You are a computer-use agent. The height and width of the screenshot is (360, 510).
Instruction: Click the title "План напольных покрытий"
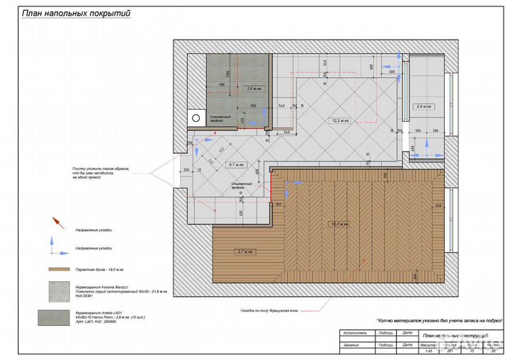(x=76, y=13)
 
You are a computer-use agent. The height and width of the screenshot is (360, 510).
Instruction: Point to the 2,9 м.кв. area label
(x=424, y=106)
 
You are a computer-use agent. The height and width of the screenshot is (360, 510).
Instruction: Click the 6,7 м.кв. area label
(x=236, y=164)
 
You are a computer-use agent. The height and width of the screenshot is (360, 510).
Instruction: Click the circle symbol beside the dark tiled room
(x=195, y=118)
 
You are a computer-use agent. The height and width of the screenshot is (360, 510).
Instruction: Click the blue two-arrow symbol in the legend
(x=54, y=246)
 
